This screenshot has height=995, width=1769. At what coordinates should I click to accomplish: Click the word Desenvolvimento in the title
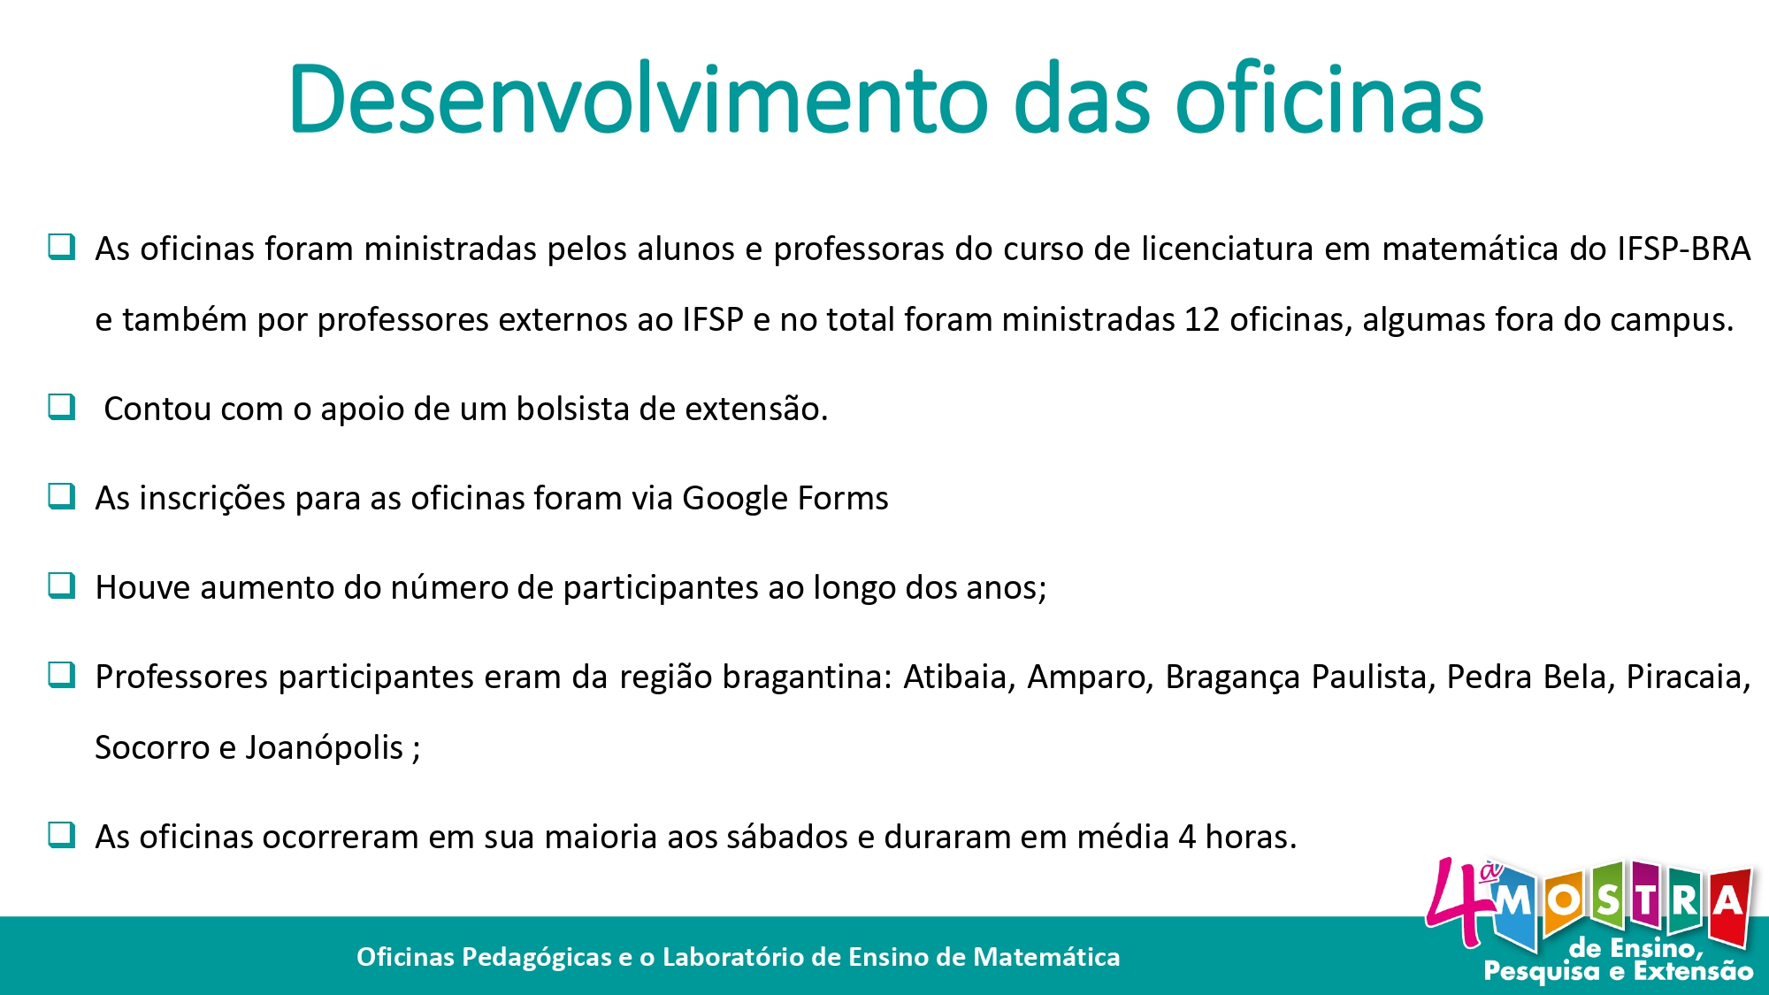[638, 99]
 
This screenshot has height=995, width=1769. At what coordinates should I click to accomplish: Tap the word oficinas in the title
[1329, 99]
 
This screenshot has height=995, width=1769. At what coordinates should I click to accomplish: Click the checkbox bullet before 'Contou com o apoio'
[62, 407]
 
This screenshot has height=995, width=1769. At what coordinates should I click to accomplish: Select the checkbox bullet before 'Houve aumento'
[62, 586]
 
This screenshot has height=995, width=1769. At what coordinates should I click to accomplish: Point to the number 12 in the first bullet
[1202, 319]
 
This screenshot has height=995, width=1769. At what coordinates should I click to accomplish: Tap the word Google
[735, 499]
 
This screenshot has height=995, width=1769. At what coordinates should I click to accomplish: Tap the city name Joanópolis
[325, 748]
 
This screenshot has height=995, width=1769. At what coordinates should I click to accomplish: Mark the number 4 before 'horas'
[1186, 837]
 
